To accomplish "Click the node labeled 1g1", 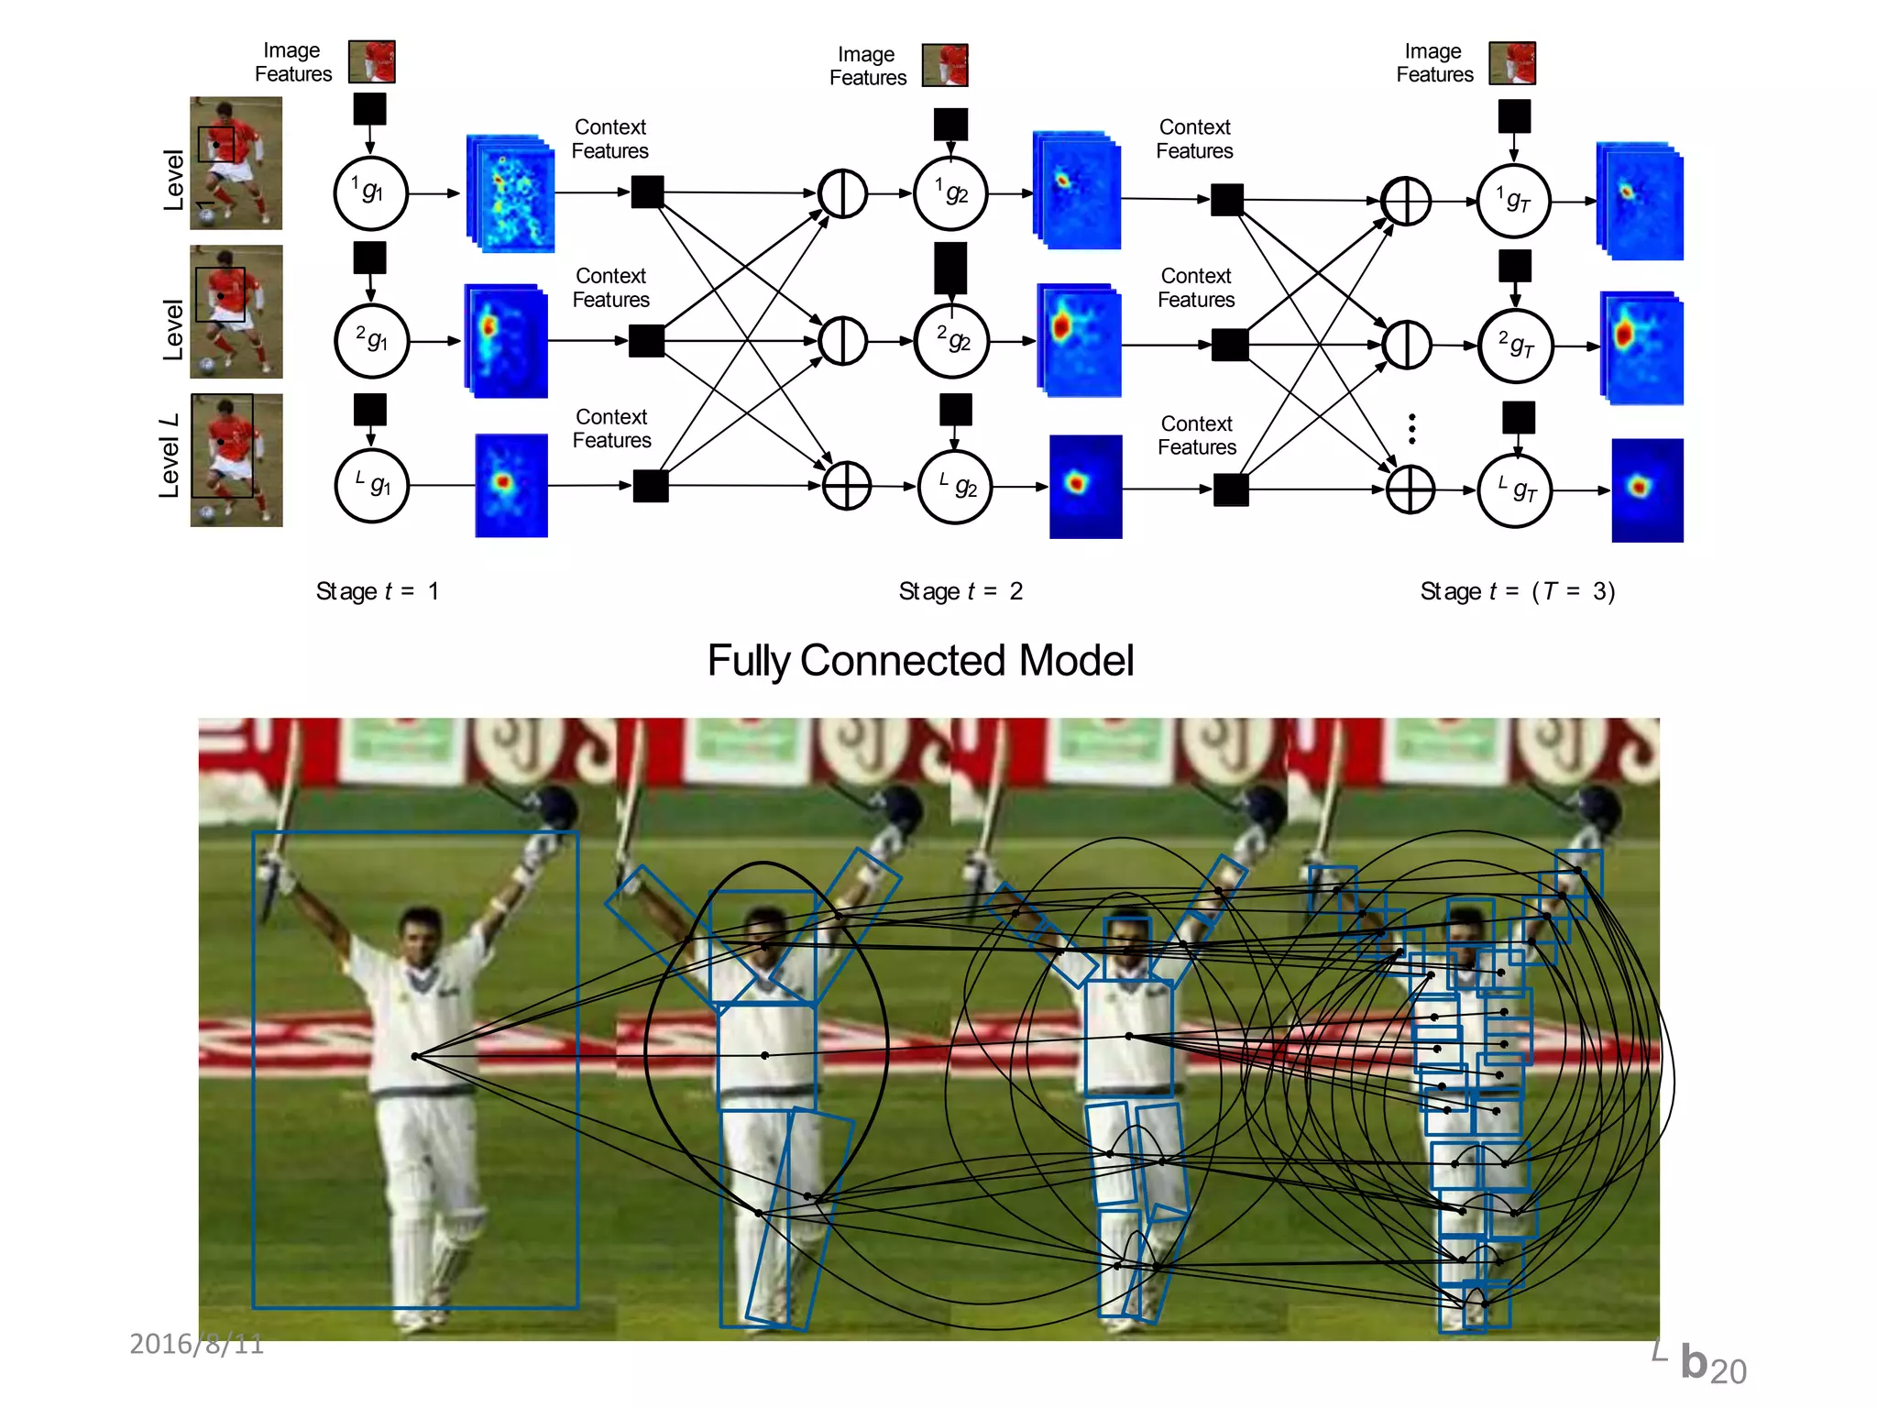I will pos(370,193).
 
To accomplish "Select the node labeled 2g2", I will pos(952,341).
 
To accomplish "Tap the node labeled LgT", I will pos(1515,491).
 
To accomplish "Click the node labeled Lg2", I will pos(955,487).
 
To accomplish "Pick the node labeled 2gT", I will pos(1516,346).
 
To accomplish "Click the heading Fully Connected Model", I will pos(920,660).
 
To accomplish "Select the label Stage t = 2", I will pos(960,591).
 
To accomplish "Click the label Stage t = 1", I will pos(377,591).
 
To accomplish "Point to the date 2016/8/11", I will pos(196,1344).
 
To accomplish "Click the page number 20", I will pos(1728,1371).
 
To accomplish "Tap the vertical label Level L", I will pos(169,456).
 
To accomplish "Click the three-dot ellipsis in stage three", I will pos(1412,428).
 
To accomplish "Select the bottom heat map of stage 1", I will pos(510,486).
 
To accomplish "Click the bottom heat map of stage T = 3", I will pos(1647,490).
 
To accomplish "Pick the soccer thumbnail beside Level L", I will pos(236,460).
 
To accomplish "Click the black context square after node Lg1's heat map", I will pos(651,486).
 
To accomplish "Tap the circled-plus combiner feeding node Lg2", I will pos(846,486).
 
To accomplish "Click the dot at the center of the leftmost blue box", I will pos(415,1056).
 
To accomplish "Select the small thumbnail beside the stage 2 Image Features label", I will pos(945,65).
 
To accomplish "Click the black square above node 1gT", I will pos(1514,116).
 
